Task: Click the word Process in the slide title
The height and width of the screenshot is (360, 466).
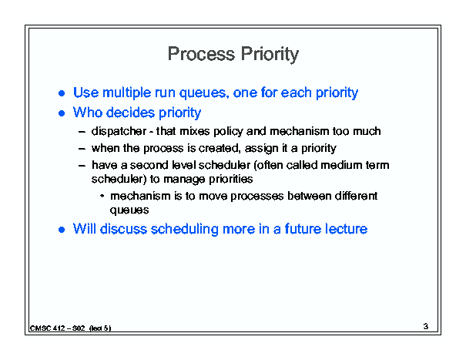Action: [201, 54]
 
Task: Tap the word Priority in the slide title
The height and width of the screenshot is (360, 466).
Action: [270, 55]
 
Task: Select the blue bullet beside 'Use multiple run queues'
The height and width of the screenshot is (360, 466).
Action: [62, 93]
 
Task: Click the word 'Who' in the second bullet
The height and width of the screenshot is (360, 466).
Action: [88, 113]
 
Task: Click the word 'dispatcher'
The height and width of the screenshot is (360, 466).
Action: [119, 131]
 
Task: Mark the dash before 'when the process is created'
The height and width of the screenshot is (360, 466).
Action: [82, 149]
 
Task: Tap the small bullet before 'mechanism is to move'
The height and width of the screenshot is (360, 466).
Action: [102, 196]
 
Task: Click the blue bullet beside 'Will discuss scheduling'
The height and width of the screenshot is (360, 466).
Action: [62, 230]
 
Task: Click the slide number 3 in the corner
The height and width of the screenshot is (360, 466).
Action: [426, 326]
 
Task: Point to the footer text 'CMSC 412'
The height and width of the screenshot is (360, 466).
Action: [47, 328]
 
